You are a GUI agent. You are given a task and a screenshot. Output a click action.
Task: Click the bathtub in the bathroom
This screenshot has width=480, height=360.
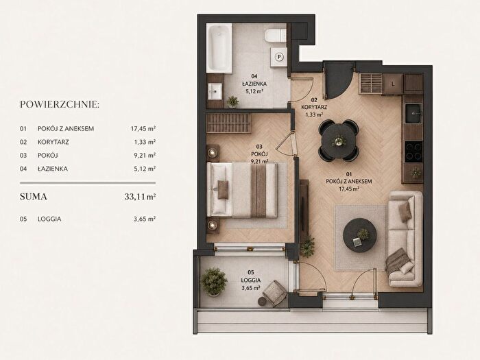pyautogui.click(x=219, y=48)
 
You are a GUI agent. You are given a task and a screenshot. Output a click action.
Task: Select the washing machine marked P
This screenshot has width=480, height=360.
pyautogui.click(x=278, y=57)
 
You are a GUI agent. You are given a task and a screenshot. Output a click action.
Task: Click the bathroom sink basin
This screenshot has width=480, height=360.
pyautogui.click(x=215, y=91)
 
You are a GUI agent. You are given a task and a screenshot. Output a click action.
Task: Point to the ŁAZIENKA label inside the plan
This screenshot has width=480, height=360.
pyautogui.click(x=254, y=84)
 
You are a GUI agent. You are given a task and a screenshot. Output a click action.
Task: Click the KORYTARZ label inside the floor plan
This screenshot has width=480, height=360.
pyautogui.click(x=314, y=107)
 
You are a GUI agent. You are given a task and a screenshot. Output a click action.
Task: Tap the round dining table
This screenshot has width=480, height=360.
pyautogui.click(x=339, y=141)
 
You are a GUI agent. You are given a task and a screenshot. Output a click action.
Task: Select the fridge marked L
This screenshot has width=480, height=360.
pyautogui.click(x=393, y=84)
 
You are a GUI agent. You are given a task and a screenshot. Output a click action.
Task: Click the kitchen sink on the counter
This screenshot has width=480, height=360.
pyautogui.click(x=413, y=114)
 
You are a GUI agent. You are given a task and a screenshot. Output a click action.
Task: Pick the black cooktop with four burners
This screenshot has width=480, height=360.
pyautogui.click(x=413, y=152)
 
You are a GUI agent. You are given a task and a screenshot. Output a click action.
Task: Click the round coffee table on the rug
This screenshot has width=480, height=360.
pyautogui.click(x=360, y=235)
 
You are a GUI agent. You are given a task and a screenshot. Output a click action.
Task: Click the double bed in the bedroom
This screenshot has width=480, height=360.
pyautogui.click(x=242, y=190)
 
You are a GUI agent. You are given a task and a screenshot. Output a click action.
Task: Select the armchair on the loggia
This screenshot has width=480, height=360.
pyautogui.click(x=274, y=293)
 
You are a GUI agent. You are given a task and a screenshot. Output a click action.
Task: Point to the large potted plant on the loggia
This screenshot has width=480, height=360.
pyautogui.click(x=214, y=282)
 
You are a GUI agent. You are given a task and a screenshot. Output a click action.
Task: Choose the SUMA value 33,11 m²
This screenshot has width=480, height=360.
pyautogui.click(x=140, y=197)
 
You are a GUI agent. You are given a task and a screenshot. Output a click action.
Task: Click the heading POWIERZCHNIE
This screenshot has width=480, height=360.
pyautogui.click(x=60, y=104)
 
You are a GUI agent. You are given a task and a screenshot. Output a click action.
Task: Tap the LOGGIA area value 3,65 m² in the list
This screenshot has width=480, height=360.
pyautogui.click(x=145, y=219)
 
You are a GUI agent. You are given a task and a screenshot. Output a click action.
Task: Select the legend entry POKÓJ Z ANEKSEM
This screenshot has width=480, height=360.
pyautogui.click(x=66, y=129)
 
